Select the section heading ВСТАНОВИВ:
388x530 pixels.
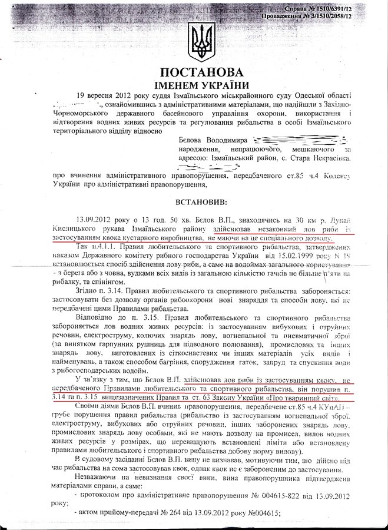click(x=194, y=202)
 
